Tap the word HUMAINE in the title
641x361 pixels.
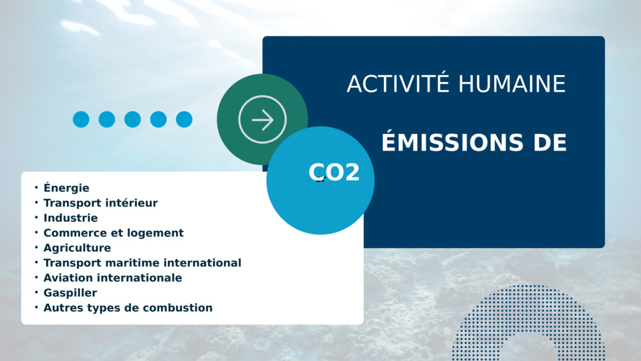coord(512,84)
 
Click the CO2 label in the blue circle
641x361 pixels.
coord(334,172)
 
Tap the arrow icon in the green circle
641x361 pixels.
coord(262,119)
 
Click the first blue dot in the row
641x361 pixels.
coord(81,119)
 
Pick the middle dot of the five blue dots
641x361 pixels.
coord(133,119)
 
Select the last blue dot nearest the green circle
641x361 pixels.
coord(184,119)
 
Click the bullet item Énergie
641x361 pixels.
coord(66,188)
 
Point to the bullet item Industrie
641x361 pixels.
coord(71,218)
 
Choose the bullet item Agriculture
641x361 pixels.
coord(78,248)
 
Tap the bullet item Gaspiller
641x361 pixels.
coord(71,293)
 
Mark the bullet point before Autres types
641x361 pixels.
coord(37,307)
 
